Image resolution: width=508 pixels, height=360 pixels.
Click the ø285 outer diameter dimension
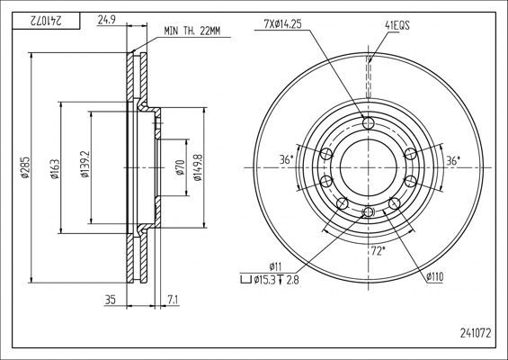tap(25, 167)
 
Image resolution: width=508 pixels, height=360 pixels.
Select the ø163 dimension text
tap(55, 169)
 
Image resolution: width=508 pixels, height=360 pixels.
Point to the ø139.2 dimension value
tap(85, 164)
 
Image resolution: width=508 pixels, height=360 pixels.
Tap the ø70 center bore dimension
tap(181, 167)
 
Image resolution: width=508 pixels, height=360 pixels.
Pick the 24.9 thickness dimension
tap(107, 20)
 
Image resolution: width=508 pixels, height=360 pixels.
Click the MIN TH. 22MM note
tap(192, 31)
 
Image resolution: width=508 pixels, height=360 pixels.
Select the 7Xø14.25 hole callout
tap(283, 24)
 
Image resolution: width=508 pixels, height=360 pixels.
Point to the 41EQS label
tap(397, 25)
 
